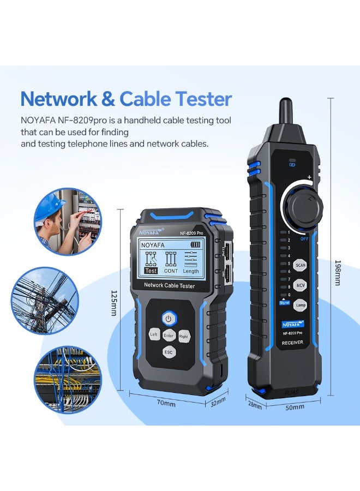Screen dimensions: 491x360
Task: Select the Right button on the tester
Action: pyautogui.click(x=184, y=336)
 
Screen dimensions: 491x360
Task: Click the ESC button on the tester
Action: pyautogui.click(x=169, y=352)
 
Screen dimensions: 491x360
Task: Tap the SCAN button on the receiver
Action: pyautogui.click(x=300, y=266)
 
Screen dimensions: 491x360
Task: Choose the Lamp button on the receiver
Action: pyautogui.click(x=300, y=306)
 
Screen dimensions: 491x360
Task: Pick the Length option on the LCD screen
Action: pyautogui.click(x=191, y=271)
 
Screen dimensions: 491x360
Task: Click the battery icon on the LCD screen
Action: pyautogui.click(x=191, y=245)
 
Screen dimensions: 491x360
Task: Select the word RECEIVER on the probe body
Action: pyautogui.click(x=292, y=343)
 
